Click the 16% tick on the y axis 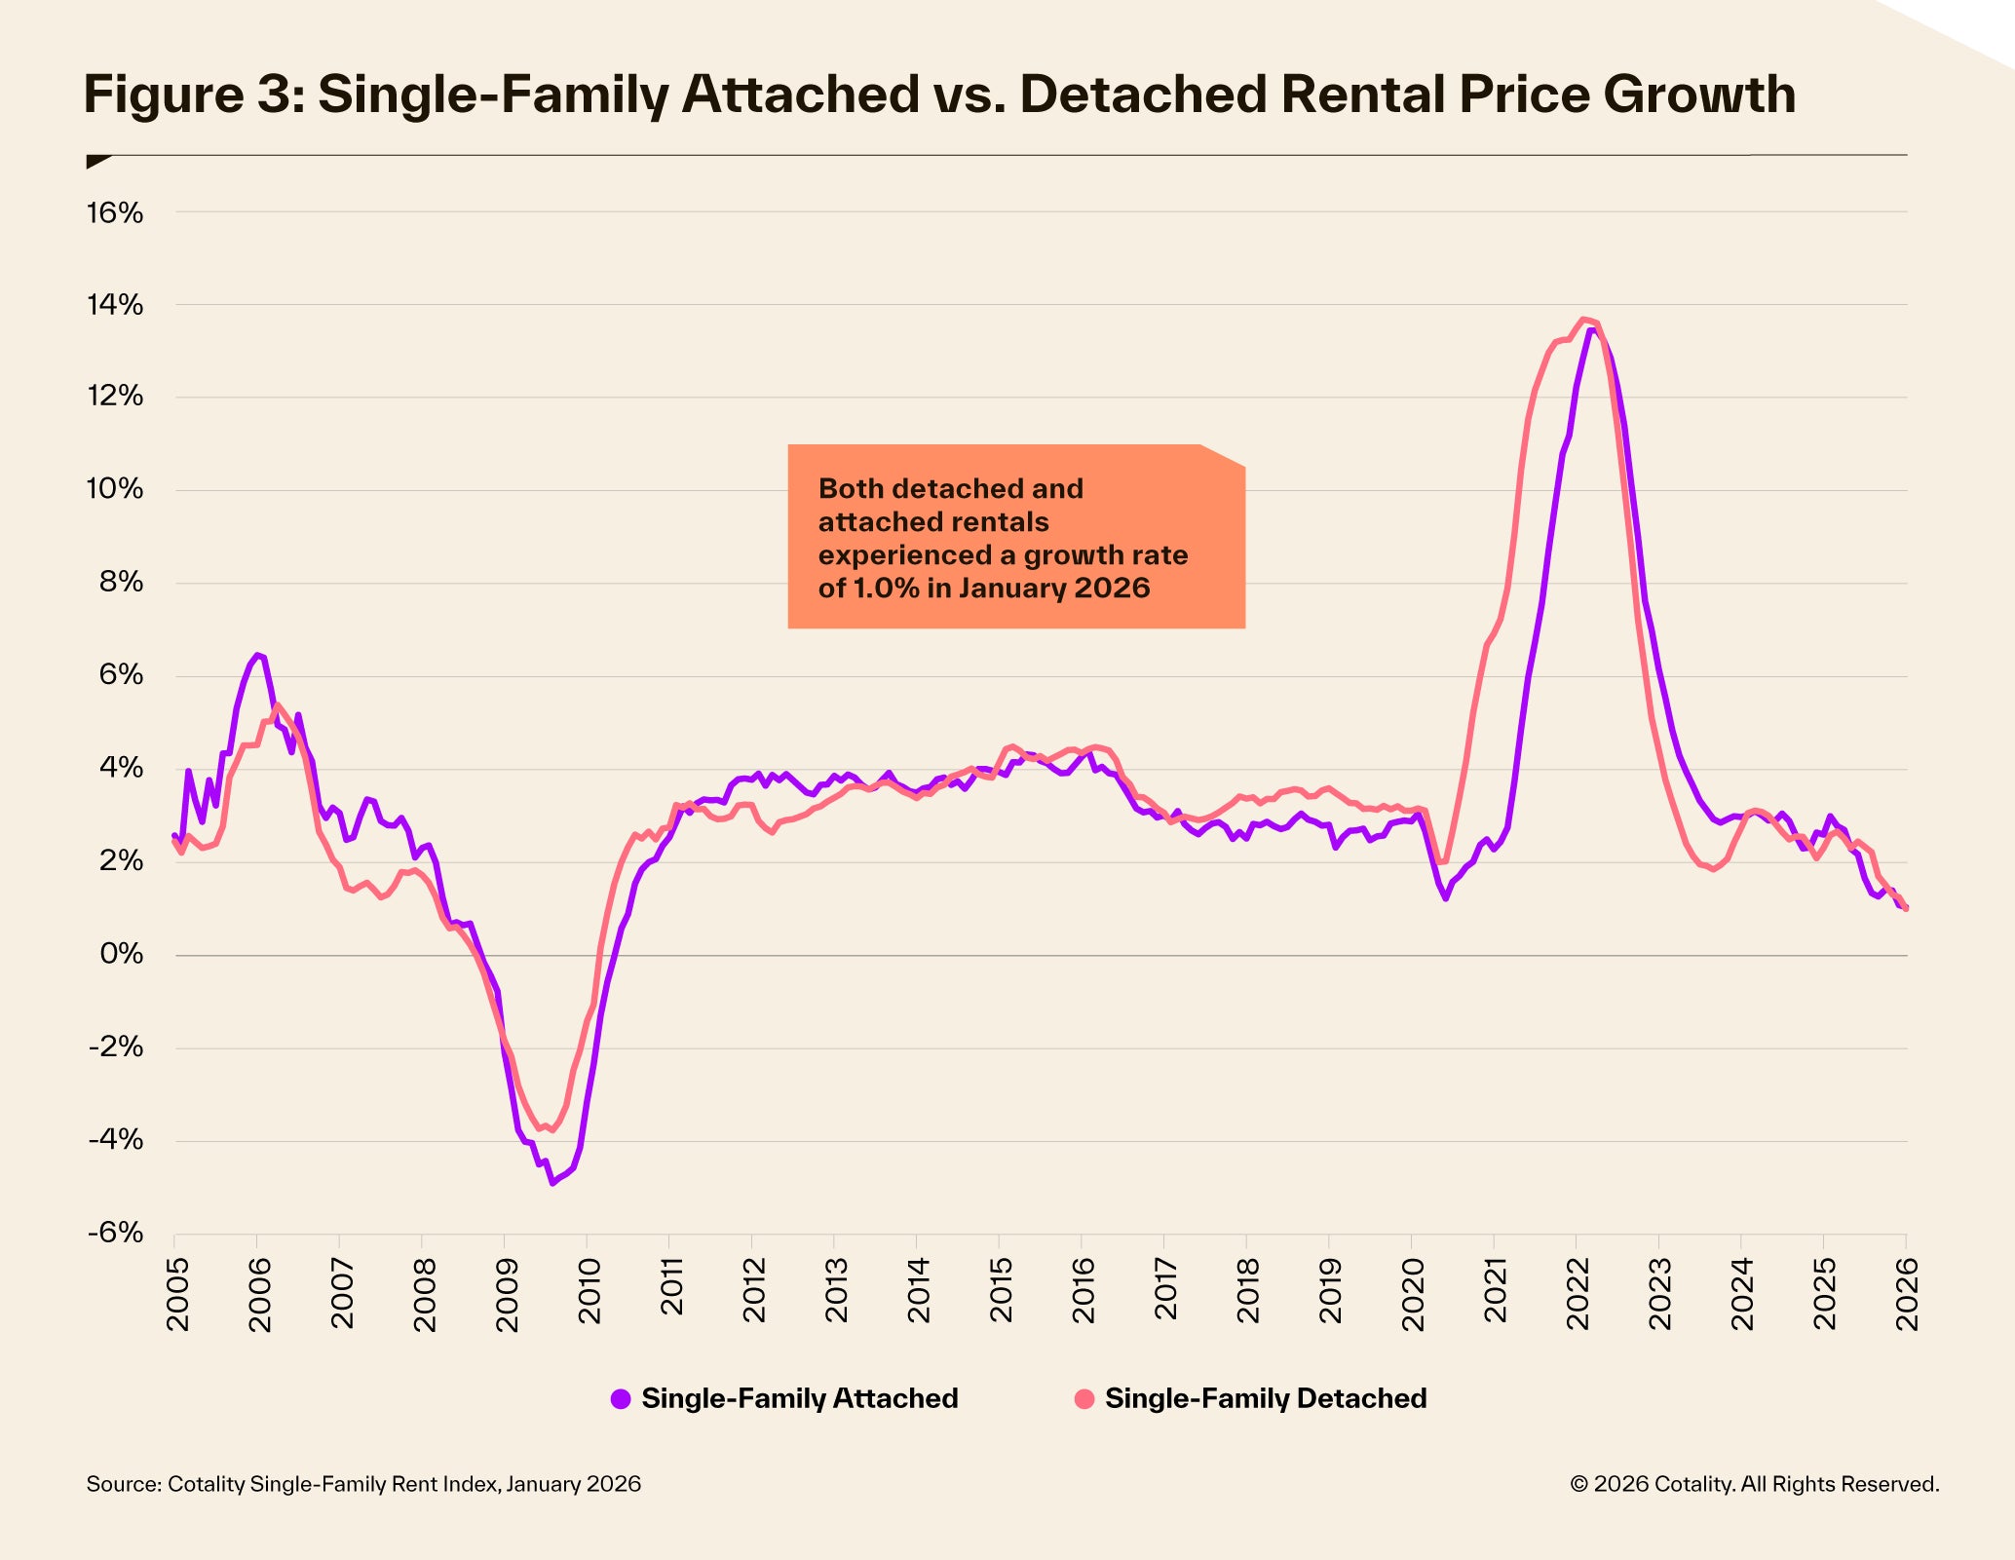[114, 212]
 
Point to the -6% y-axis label [114, 1234]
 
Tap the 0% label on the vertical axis [121, 955]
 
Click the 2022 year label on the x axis [1578, 1293]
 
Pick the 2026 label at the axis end [1907, 1293]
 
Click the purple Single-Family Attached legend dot [621, 1399]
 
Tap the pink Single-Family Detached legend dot [1084, 1399]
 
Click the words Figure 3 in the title [190, 95]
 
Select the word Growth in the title [1698, 95]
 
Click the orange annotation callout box [1016, 537]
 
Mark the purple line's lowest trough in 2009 [552, 1183]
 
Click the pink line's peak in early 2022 [1583, 319]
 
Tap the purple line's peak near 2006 [257, 655]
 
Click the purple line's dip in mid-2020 [1445, 897]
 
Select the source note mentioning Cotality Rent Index [363, 1484]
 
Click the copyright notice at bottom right [1754, 1484]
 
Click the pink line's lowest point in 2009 [552, 1130]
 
